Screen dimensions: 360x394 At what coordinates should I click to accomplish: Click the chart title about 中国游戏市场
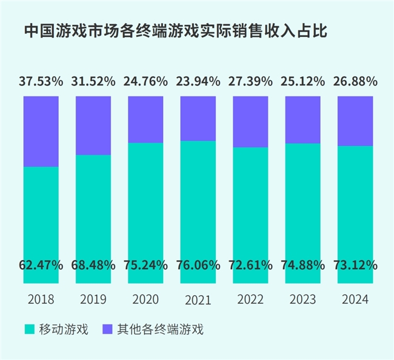[x=176, y=32]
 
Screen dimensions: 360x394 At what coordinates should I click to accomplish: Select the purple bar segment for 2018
[x=41, y=131]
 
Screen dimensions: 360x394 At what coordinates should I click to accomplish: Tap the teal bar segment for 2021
[x=198, y=200]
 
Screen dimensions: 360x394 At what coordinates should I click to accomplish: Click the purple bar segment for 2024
[x=355, y=121]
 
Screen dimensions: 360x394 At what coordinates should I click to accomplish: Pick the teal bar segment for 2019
[x=93, y=206]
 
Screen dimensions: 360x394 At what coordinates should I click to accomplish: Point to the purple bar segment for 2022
[x=250, y=121]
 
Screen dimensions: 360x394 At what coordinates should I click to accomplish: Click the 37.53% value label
[x=41, y=81]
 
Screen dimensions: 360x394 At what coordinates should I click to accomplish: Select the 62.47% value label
[x=41, y=265]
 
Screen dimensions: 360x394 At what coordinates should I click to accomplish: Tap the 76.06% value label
[x=198, y=265]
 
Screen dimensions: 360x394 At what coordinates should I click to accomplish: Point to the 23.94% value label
[x=198, y=81]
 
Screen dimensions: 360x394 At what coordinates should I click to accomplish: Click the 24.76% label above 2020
[x=145, y=81]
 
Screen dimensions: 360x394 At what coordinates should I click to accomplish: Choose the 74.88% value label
[x=302, y=265]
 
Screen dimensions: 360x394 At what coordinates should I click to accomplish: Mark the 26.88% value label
[x=355, y=81]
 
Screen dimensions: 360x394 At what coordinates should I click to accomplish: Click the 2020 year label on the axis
[x=145, y=299]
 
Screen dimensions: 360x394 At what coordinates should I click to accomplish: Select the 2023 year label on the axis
[x=302, y=299]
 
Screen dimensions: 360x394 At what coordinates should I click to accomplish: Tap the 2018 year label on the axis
[x=41, y=299]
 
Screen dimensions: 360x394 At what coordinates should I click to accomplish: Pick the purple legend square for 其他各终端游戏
[x=107, y=330]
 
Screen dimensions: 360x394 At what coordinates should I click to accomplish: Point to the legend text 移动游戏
[x=64, y=330]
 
